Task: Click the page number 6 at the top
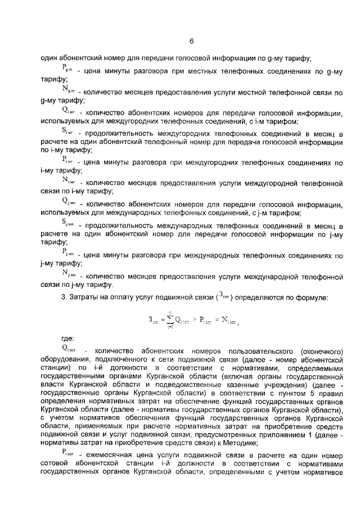pos(191,41)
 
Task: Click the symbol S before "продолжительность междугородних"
pos(67,132)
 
